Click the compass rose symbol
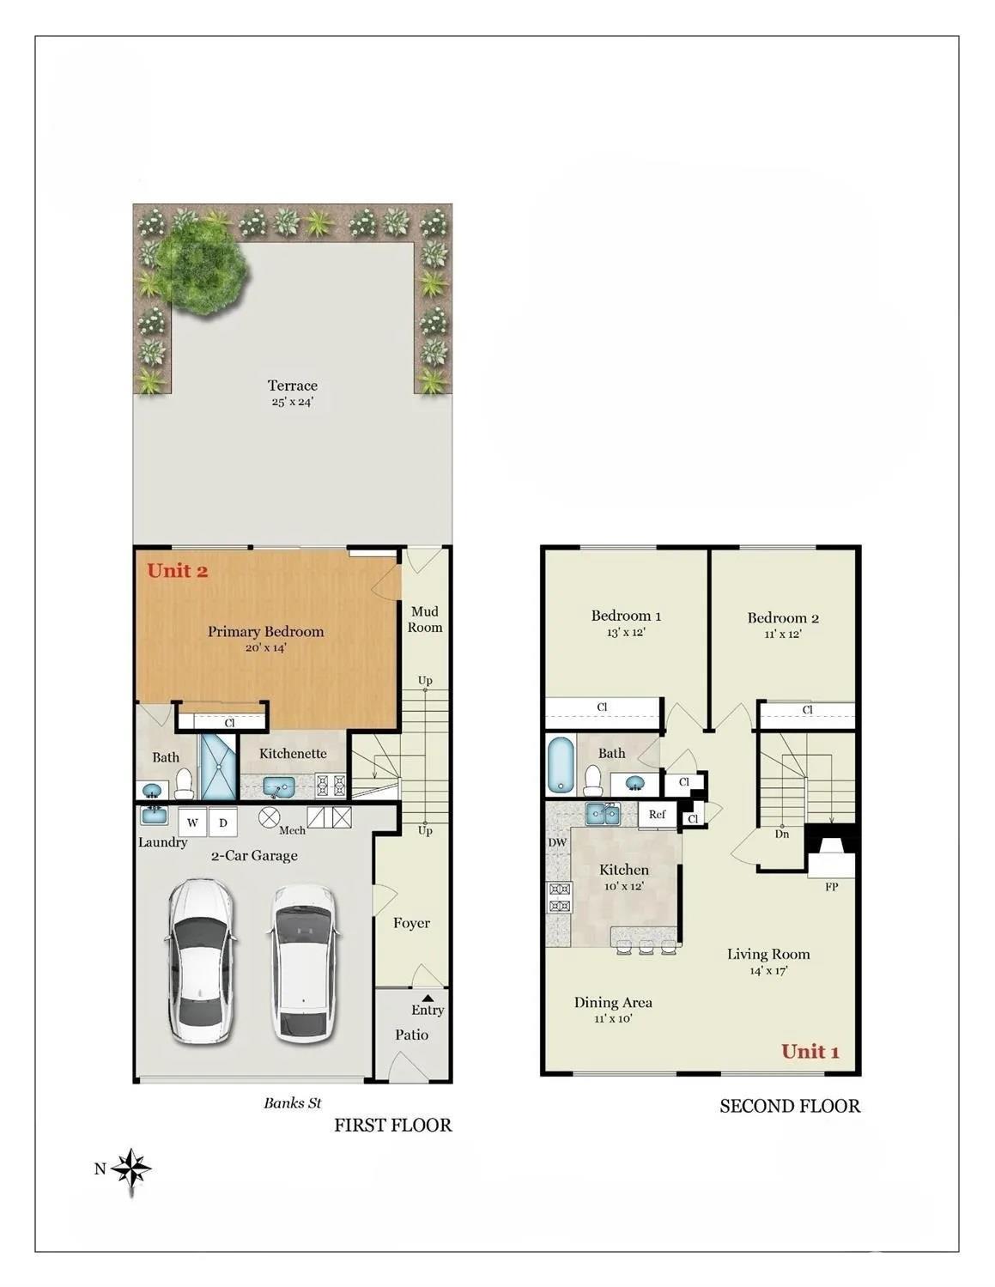pyautogui.click(x=131, y=1169)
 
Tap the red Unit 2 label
pyautogui.click(x=177, y=571)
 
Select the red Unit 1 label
pyautogui.click(x=810, y=1052)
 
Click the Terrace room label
pyautogui.click(x=292, y=386)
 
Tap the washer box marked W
pyautogui.click(x=192, y=823)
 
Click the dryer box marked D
pyautogui.click(x=223, y=823)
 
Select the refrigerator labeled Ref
pyautogui.click(x=657, y=815)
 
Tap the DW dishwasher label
pyautogui.click(x=557, y=842)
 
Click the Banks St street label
pyautogui.click(x=292, y=1103)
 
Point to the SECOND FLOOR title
pyautogui.click(x=789, y=1106)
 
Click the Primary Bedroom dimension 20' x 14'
pyautogui.click(x=265, y=648)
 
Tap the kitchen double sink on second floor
pyautogui.click(x=604, y=813)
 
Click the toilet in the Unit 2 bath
pyautogui.click(x=184, y=782)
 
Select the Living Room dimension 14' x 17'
pyautogui.click(x=767, y=971)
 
